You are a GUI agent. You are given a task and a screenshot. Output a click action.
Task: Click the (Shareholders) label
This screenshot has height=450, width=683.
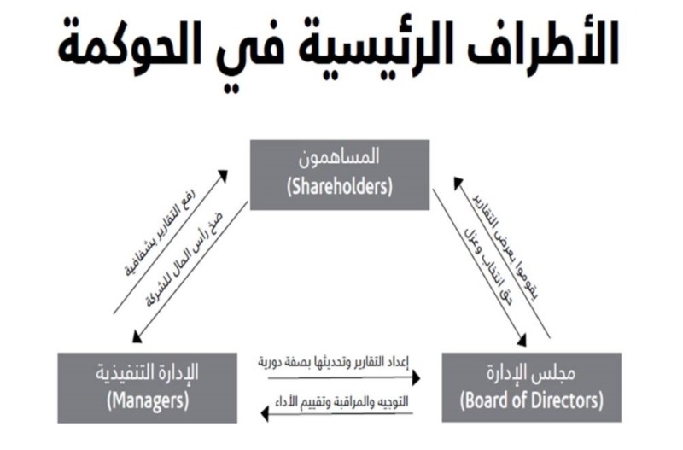(341, 187)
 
